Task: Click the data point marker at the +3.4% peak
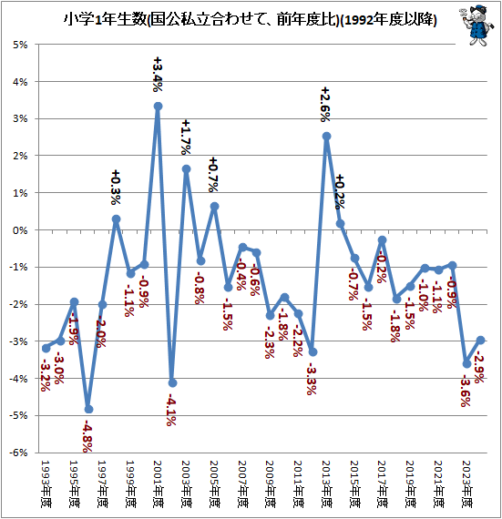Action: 158,107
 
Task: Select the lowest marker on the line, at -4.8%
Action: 88,409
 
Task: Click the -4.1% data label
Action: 170,408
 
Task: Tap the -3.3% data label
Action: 311,378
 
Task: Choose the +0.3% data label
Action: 116,189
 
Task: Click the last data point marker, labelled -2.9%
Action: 480,341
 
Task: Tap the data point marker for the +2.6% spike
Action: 326,137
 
